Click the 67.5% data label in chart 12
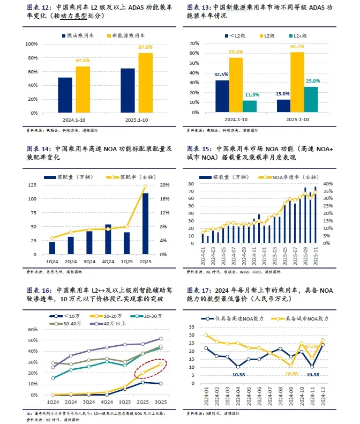coord(82,61)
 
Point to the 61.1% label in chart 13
coord(297,47)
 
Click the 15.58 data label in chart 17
coord(314,347)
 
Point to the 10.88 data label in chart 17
coord(291,374)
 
